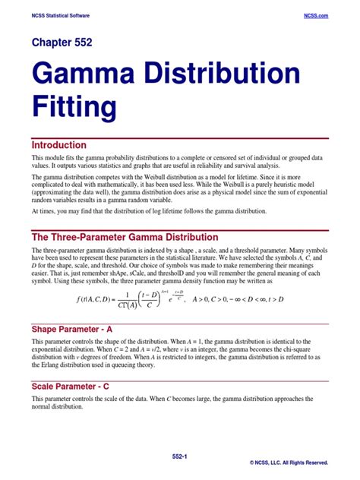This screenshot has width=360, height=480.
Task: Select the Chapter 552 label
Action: pos(62,43)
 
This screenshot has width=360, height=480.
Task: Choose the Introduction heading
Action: pos(58,144)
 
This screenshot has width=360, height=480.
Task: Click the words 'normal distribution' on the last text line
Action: pos(58,406)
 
